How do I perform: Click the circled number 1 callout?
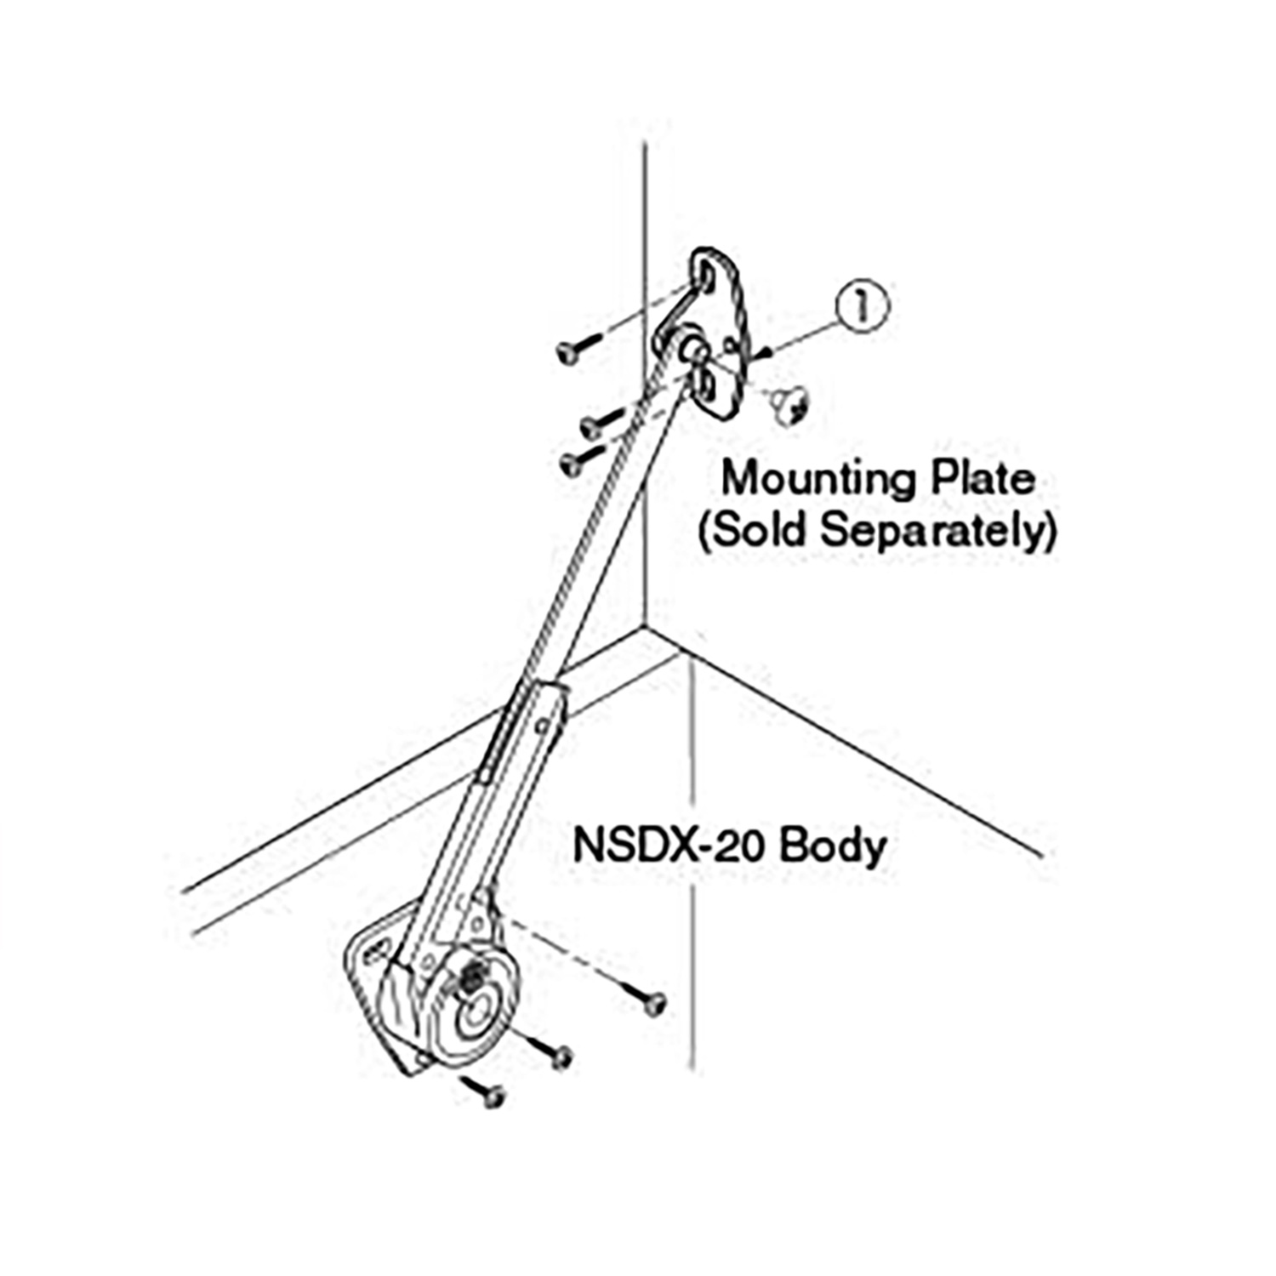click(x=863, y=307)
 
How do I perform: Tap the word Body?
click(x=834, y=847)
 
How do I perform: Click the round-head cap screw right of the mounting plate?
click(x=789, y=402)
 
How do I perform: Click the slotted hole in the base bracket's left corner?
click(x=375, y=951)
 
